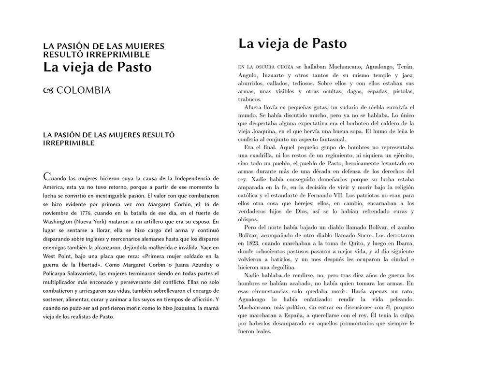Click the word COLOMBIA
(x=84, y=90)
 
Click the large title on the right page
(x=292, y=44)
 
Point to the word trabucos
(x=250, y=99)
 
